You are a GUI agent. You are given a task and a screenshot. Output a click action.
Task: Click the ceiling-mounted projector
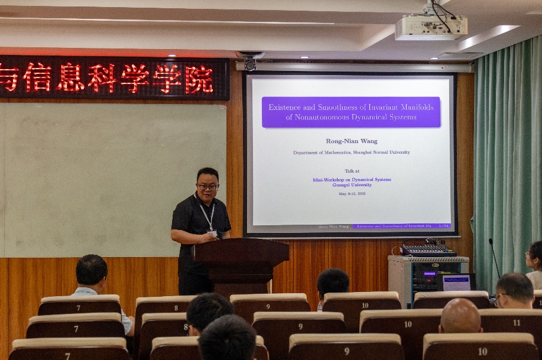pyautogui.click(x=431, y=26)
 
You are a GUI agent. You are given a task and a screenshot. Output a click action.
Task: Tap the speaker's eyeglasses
pyautogui.click(x=207, y=187)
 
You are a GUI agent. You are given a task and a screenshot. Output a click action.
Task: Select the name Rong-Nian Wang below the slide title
pyautogui.click(x=351, y=141)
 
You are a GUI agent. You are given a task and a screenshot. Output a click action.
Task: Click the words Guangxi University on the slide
pyautogui.click(x=352, y=184)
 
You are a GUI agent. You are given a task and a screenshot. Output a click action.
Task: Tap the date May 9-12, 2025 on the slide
pyautogui.click(x=352, y=193)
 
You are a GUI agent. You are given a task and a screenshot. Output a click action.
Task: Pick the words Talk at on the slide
pyautogui.click(x=352, y=171)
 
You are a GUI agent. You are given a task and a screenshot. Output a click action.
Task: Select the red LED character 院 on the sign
pyautogui.click(x=199, y=79)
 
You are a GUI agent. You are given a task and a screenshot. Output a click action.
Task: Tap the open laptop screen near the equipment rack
pyautogui.click(x=456, y=283)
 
